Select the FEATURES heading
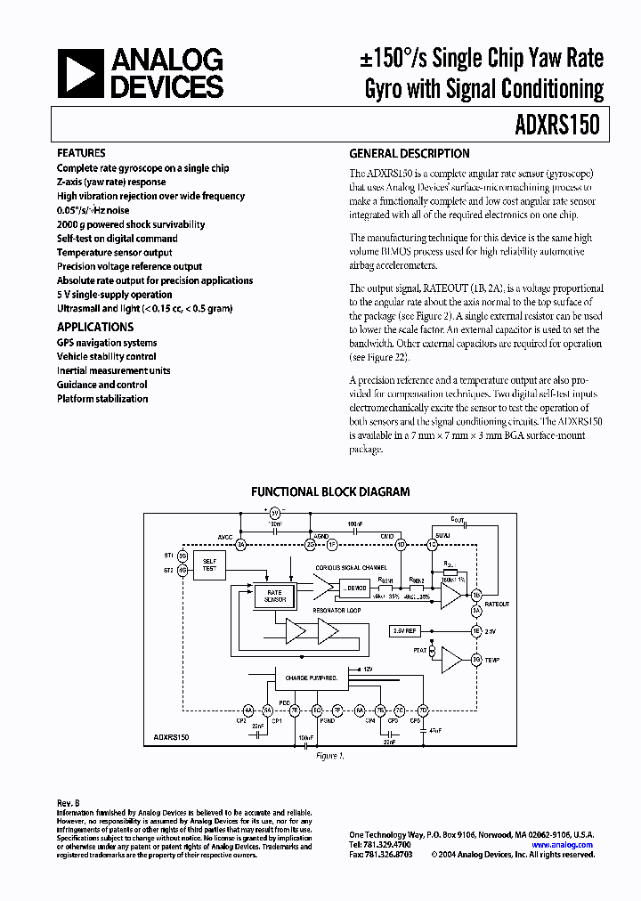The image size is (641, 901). [81, 153]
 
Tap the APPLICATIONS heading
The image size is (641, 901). [95, 327]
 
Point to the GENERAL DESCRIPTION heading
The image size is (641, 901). [409, 153]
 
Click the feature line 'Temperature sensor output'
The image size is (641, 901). [115, 252]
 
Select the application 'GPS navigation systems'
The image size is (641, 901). [107, 342]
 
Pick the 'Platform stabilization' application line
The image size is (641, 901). [102, 399]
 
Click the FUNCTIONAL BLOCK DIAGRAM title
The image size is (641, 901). [330, 491]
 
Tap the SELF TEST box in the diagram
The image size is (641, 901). [209, 564]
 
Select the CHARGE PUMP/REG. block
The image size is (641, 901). [309, 678]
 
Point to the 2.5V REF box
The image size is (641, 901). [404, 630]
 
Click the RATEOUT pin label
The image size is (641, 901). [499, 603]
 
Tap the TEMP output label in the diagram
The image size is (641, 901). [493, 659]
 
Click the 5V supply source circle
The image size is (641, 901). [275, 513]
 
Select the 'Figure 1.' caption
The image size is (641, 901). [330, 755]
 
